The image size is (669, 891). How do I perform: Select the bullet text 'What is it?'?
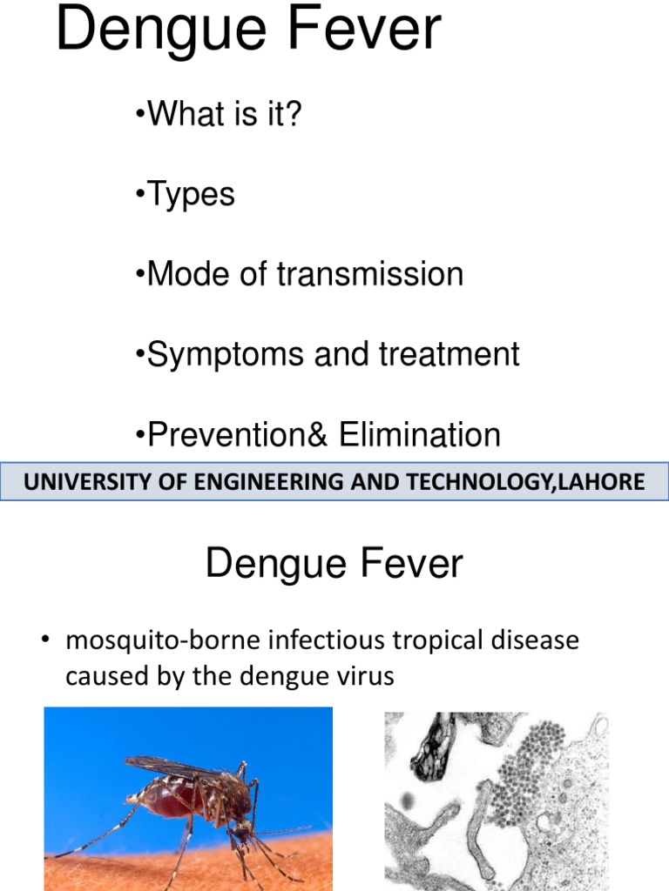click(224, 114)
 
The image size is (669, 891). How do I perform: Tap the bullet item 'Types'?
click(191, 194)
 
